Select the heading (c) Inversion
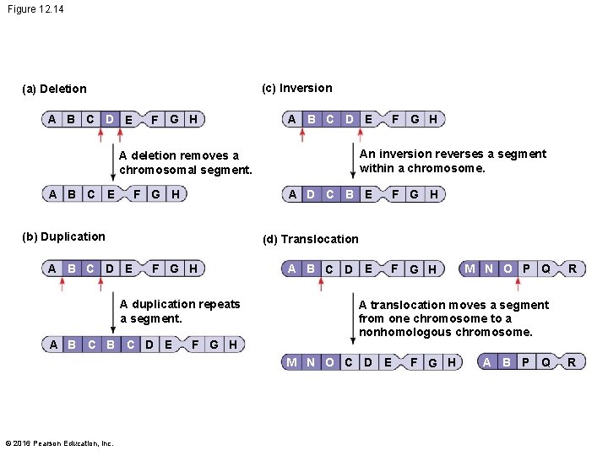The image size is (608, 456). (296, 88)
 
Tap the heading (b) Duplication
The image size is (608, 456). (64, 236)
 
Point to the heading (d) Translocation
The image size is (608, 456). (310, 239)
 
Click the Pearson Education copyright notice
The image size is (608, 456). (59, 442)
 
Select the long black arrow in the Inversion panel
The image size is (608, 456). (352, 161)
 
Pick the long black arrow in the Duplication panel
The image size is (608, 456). (112, 312)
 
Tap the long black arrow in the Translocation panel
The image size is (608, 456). (352, 314)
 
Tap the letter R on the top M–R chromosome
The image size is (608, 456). (573, 269)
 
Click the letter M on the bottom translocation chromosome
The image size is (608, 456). (290, 362)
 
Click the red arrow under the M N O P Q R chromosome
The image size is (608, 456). (518, 285)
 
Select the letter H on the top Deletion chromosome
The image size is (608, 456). (193, 119)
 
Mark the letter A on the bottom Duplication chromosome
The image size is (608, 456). (53, 344)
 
